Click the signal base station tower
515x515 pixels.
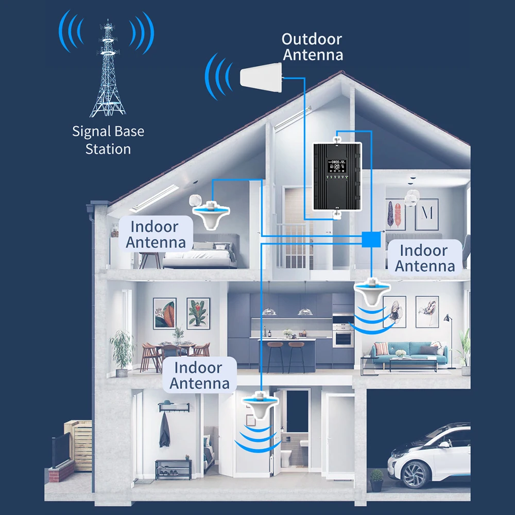(x=108, y=72)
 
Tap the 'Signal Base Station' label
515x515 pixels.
(x=108, y=140)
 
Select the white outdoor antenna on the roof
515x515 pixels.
(x=261, y=79)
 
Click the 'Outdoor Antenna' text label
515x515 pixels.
(x=312, y=47)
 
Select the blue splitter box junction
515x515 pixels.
(x=371, y=239)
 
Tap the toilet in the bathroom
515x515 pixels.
(x=287, y=456)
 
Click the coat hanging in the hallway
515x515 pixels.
(x=165, y=430)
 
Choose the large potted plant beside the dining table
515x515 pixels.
(x=123, y=350)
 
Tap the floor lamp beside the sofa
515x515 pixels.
(x=448, y=335)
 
